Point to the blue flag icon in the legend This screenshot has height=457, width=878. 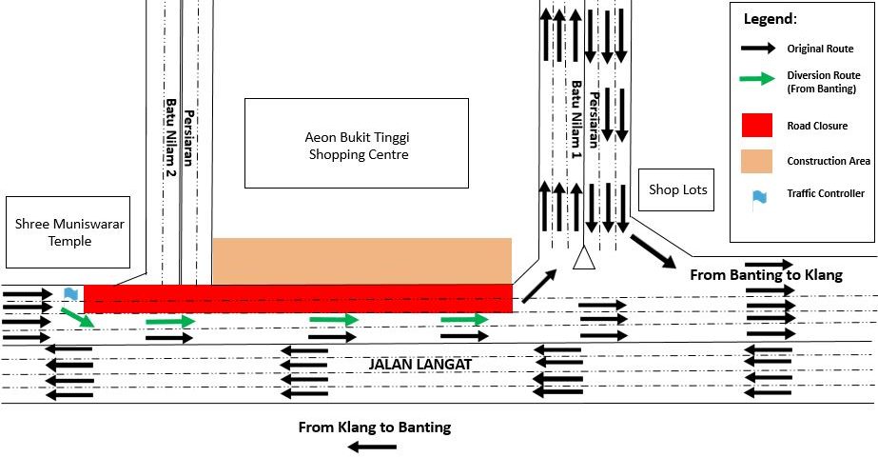click(x=759, y=197)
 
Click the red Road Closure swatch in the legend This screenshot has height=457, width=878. click(x=757, y=125)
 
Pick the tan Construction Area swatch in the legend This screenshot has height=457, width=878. click(x=757, y=161)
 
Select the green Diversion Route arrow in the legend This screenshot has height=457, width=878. click(x=757, y=78)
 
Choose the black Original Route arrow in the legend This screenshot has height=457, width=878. click(x=758, y=49)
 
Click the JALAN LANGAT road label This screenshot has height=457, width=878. click(x=419, y=365)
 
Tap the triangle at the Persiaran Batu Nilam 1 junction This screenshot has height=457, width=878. click(x=584, y=258)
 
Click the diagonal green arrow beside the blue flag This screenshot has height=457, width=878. click(x=78, y=317)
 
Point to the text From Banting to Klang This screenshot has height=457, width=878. click(x=766, y=275)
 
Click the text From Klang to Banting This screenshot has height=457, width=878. click(x=375, y=427)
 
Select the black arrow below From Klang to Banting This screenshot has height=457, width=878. click(x=372, y=447)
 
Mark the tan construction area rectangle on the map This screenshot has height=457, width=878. click(x=361, y=261)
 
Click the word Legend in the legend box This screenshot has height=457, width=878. click(x=770, y=19)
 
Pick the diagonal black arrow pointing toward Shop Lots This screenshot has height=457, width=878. click(x=654, y=251)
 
